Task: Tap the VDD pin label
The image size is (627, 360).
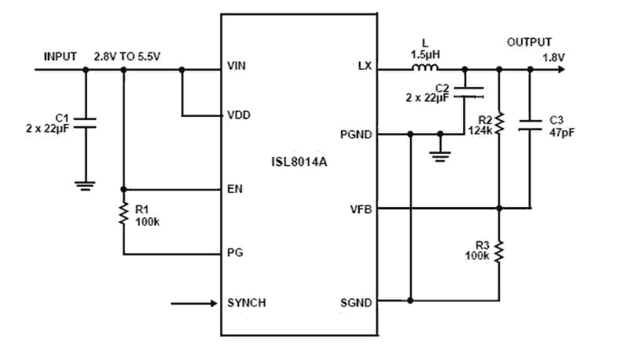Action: pos(238,115)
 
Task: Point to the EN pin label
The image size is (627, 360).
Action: pos(234,189)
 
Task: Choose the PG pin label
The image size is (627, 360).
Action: pos(235,253)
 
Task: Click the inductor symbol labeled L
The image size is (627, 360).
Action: pos(425,69)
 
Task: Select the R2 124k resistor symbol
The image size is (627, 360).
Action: pos(499,122)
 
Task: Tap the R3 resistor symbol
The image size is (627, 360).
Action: pos(499,252)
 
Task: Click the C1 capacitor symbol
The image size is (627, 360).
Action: pos(85,123)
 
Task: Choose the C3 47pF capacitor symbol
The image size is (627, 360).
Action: pos(530,124)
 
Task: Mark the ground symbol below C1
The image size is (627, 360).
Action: pos(85,186)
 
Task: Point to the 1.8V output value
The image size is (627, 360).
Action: pos(554,57)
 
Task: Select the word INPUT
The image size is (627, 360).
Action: pos(60,56)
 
